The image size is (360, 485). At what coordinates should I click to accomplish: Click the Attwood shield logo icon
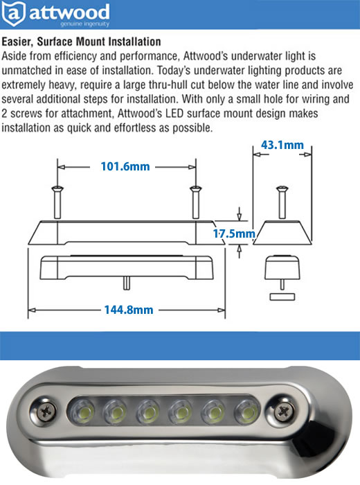pyautogui.click(x=13, y=14)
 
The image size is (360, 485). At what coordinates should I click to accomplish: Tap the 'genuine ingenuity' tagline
pyautogui.click(x=84, y=24)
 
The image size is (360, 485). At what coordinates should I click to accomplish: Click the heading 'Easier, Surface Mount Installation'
pyautogui.click(x=81, y=42)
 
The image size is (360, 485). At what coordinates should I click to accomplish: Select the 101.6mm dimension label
pyautogui.click(x=125, y=166)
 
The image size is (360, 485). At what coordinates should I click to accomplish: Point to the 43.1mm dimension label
pyautogui.click(x=282, y=145)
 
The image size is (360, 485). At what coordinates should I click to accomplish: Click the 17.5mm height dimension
pyautogui.click(x=234, y=233)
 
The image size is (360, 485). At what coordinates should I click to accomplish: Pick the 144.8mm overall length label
pyautogui.click(x=129, y=310)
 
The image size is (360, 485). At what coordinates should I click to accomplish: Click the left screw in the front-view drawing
pyautogui.click(x=57, y=202)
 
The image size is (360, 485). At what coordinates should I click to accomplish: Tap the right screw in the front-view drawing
pyautogui.click(x=196, y=202)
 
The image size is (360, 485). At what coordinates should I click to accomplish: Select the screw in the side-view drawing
pyautogui.click(x=282, y=202)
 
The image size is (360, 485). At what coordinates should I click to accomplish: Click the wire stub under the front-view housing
pyautogui.click(x=127, y=283)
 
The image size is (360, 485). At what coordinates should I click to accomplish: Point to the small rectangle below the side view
pyautogui.click(x=282, y=297)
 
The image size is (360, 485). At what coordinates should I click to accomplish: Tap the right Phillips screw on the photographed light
pyautogui.click(x=282, y=412)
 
